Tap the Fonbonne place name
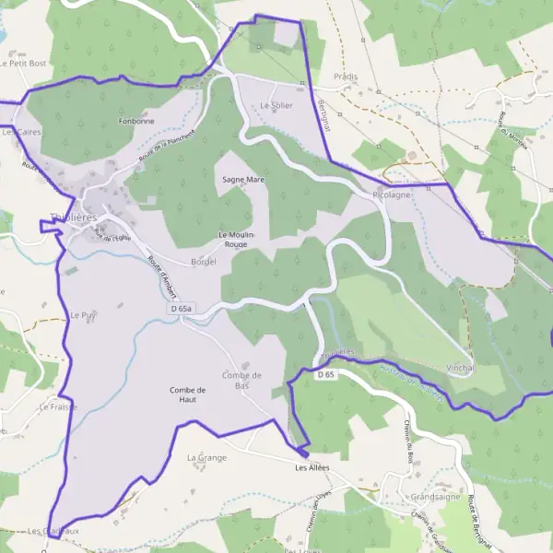coord(136,121)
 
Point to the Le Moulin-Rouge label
coord(236,239)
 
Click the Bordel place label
coord(203,262)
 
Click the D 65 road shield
coord(324,375)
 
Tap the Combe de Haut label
coord(188,394)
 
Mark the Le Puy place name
coord(83,314)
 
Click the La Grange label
coord(206,457)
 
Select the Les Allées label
coord(312,467)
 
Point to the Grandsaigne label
coord(436,496)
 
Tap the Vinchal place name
coord(460,367)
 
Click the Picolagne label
coord(393,195)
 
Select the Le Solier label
coord(276,106)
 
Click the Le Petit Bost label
coord(23,64)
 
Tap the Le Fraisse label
coord(58,406)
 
